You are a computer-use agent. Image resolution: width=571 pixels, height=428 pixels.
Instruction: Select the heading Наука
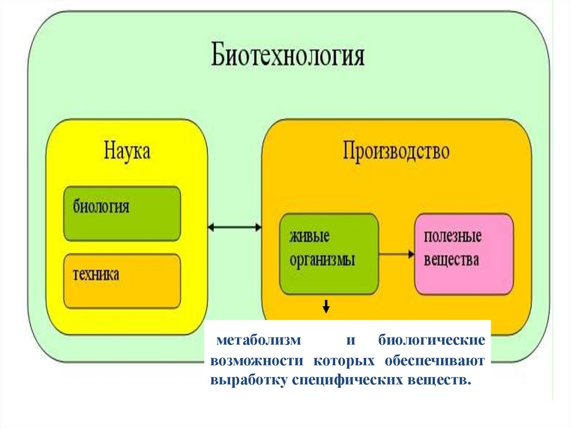click(x=127, y=152)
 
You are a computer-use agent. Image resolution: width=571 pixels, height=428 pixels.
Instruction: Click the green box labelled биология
click(x=122, y=214)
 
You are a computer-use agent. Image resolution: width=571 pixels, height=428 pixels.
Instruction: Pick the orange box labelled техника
click(x=122, y=281)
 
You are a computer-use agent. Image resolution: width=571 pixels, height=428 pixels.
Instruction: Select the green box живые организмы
click(x=328, y=254)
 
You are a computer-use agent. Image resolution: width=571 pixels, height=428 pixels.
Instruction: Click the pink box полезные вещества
click(x=463, y=254)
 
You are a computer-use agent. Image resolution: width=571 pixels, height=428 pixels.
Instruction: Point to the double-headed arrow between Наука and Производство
click(x=234, y=227)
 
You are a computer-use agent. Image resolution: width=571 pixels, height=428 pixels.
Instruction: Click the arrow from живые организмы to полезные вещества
click(x=396, y=254)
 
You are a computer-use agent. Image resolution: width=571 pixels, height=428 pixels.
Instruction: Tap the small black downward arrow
click(x=326, y=306)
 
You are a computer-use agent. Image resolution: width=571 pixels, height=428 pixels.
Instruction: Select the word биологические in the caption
click(x=431, y=340)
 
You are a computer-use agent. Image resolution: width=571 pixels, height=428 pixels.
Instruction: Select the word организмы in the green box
click(x=322, y=261)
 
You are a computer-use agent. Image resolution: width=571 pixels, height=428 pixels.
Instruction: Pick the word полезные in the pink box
click(x=453, y=237)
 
